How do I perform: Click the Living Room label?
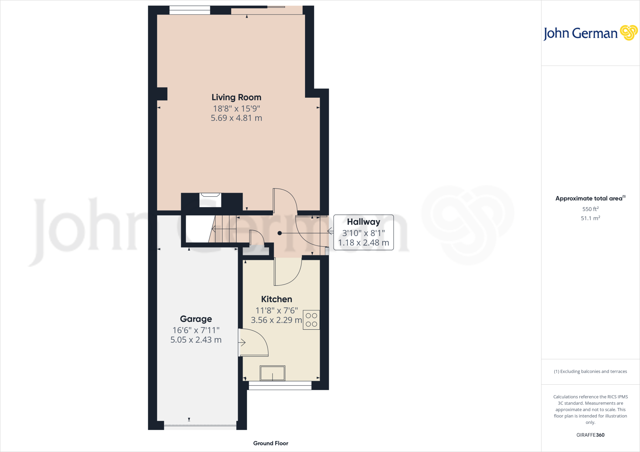[x=236, y=97]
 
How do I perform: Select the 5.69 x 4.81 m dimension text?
[x=236, y=118]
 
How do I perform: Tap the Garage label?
[x=196, y=319]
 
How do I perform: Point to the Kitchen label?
[x=277, y=299]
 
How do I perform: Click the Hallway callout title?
[x=363, y=222]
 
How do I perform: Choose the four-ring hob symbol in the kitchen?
[x=311, y=320]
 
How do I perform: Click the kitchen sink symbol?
[x=272, y=373]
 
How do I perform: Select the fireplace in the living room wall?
[x=210, y=200]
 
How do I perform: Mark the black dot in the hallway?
[x=280, y=233]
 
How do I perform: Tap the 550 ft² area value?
[x=590, y=209]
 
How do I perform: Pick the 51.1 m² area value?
[x=590, y=218]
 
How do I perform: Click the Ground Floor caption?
[x=271, y=443]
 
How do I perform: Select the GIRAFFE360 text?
[x=590, y=435]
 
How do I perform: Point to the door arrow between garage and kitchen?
[x=242, y=343]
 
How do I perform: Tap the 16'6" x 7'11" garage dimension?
[x=196, y=330]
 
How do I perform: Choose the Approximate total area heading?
[x=589, y=199]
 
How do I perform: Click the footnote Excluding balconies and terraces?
[x=590, y=371]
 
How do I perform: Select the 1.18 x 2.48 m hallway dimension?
[x=363, y=243]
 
